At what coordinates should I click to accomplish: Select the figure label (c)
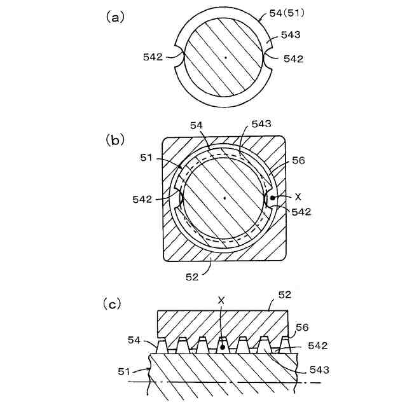coord(112,305)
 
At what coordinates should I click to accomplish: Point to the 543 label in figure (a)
coord(291,35)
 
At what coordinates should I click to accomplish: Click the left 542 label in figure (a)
coord(153,57)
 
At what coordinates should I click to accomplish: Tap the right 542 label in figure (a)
coord(293,59)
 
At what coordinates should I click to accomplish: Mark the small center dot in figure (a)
coord(225,58)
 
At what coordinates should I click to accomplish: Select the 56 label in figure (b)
coord(298,161)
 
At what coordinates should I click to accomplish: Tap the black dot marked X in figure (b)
coord(273,198)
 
